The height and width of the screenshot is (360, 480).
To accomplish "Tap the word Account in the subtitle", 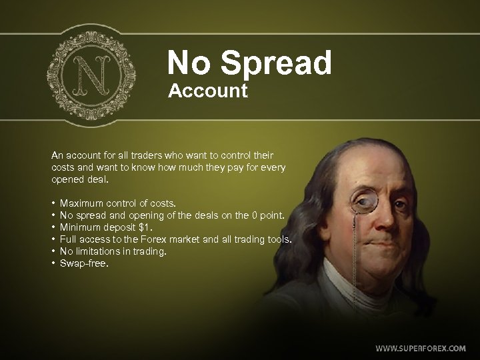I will pos(208,91).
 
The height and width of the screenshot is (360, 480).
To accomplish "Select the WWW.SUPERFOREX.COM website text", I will pos(420,348).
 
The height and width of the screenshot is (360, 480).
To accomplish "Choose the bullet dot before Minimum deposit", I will pos(53,227).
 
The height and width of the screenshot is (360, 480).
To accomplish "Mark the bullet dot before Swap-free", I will pos(53,263).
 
